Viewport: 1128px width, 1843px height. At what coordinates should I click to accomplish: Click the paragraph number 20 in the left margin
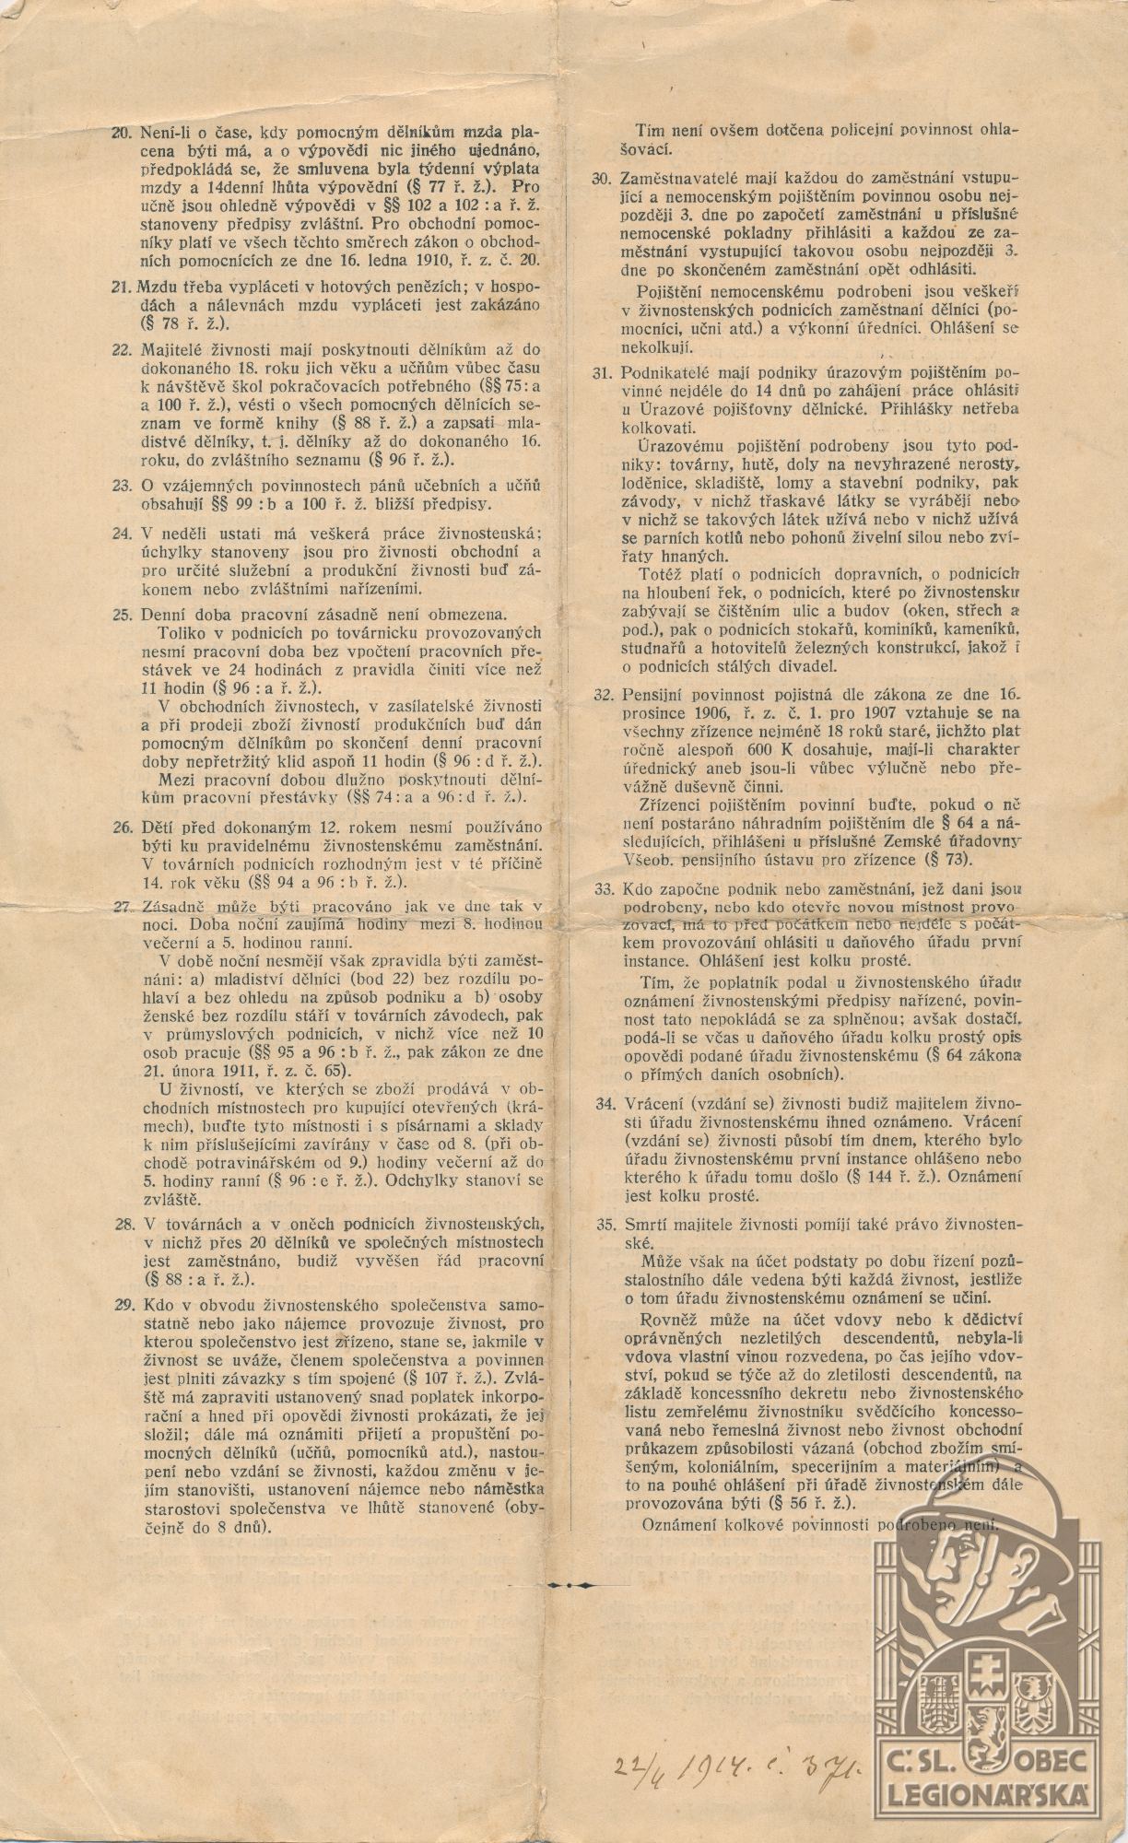[121, 133]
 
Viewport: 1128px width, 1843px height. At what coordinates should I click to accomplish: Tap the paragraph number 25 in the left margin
[121, 613]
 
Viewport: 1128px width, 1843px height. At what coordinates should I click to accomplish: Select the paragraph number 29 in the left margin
[121, 1306]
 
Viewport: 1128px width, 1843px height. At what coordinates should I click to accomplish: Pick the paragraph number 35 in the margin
[604, 1226]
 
